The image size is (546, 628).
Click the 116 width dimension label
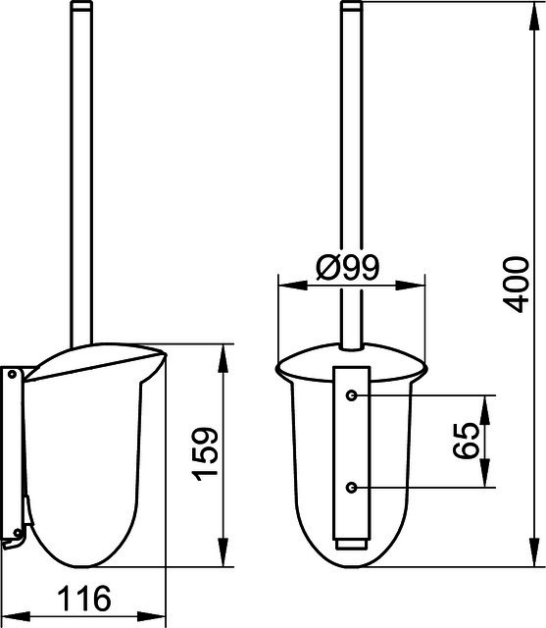click(84, 599)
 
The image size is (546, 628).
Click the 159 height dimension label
click(205, 453)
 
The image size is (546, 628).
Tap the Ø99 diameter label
click(347, 267)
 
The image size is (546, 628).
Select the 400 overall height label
click(516, 285)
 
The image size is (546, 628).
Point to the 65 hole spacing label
click(466, 441)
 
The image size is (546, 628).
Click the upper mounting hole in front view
click(351, 395)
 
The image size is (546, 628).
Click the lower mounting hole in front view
click(351, 488)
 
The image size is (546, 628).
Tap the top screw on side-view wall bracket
click(12, 375)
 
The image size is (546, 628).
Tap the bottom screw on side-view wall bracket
click(17, 533)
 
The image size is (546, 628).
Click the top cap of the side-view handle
click(81, 4)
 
